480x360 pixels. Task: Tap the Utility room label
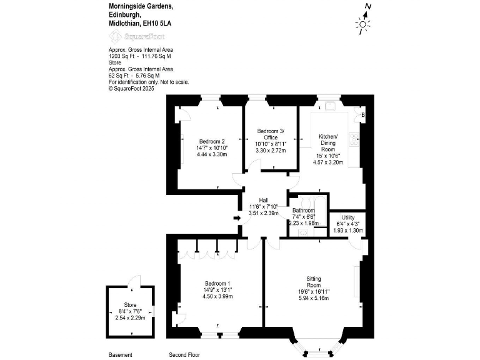(x=347, y=217)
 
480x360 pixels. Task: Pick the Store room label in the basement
(x=129, y=304)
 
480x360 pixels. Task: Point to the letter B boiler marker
(x=362, y=114)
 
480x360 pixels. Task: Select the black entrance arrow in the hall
(x=236, y=217)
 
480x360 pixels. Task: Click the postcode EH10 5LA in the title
(x=157, y=23)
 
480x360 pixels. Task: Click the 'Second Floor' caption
(x=184, y=354)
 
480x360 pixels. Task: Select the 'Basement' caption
(x=121, y=354)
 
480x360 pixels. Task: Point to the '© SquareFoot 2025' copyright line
(x=131, y=88)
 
